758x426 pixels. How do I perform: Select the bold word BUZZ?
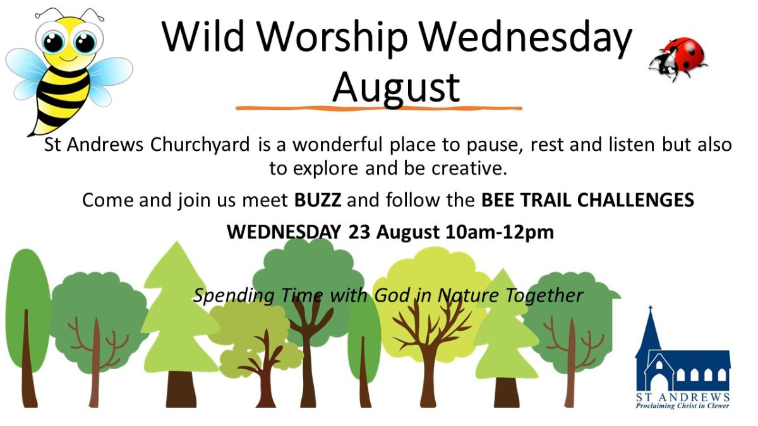pos(317,200)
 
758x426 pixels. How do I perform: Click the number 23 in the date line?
pos(359,232)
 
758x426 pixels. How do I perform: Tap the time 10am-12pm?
pos(500,232)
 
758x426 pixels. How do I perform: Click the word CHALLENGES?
pos(635,200)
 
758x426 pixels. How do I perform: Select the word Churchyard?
pos(200,145)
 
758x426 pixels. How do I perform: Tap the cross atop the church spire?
pos(650,309)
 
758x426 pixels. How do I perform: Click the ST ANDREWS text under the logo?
pos(683,397)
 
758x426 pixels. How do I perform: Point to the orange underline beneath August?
pos(379,109)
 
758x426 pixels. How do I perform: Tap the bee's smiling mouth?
pos(69,59)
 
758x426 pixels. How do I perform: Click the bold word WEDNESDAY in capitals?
pos(284,232)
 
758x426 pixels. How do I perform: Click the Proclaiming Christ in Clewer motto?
pos(683,406)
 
